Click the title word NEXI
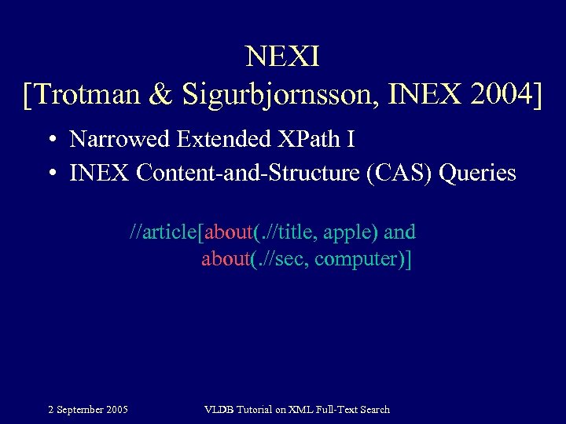click(282, 57)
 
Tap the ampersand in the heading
click(160, 95)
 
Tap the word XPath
click(306, 140)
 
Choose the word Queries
click(478, 173)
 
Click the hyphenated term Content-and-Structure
click(249, 173)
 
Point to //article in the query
click(164, 232)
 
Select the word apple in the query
click(351, 232)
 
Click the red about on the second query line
click(225, 259)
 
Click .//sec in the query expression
click(280, 259)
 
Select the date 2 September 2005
click(88, 409)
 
